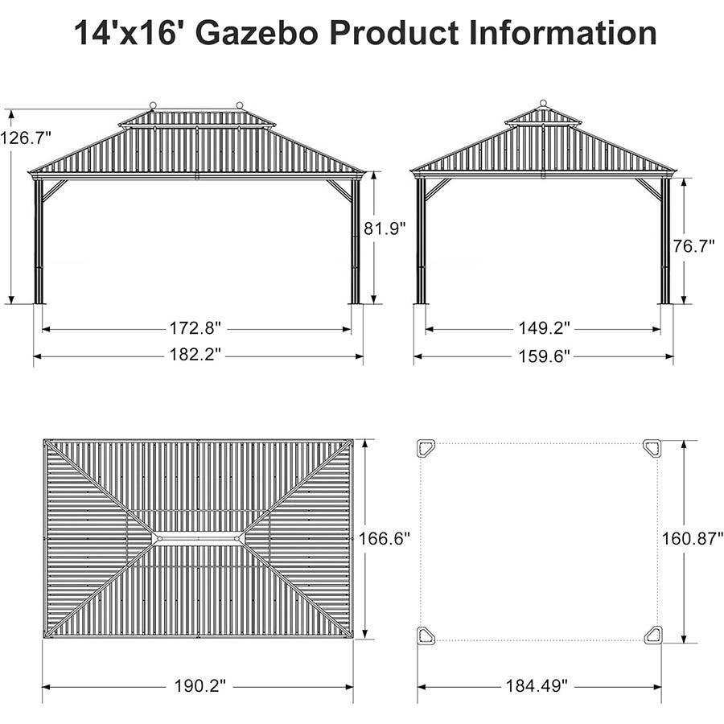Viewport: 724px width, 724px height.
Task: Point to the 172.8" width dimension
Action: (x=197, y=329)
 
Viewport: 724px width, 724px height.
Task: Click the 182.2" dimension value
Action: (x=197, y=355)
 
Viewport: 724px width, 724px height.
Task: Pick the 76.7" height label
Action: (x=694, y=246)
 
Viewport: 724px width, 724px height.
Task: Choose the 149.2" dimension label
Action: (x=544, y=329)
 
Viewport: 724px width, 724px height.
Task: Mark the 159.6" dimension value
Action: (x=544, y=355)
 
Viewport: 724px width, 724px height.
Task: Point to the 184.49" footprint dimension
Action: (x=537, y=686)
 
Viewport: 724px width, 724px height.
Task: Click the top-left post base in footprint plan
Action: (x=426, y=448)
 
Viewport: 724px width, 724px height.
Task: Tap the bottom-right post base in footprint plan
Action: (x=652, y=635)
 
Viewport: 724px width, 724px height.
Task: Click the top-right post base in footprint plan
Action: (x=652, y=448)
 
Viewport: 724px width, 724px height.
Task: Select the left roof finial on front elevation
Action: (x=153, y=105)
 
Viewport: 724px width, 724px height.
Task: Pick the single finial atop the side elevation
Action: (x=543, y=103)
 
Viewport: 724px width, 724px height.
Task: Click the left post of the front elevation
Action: (x=39, y=241)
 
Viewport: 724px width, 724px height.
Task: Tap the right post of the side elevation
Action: (x=665, y=241)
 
